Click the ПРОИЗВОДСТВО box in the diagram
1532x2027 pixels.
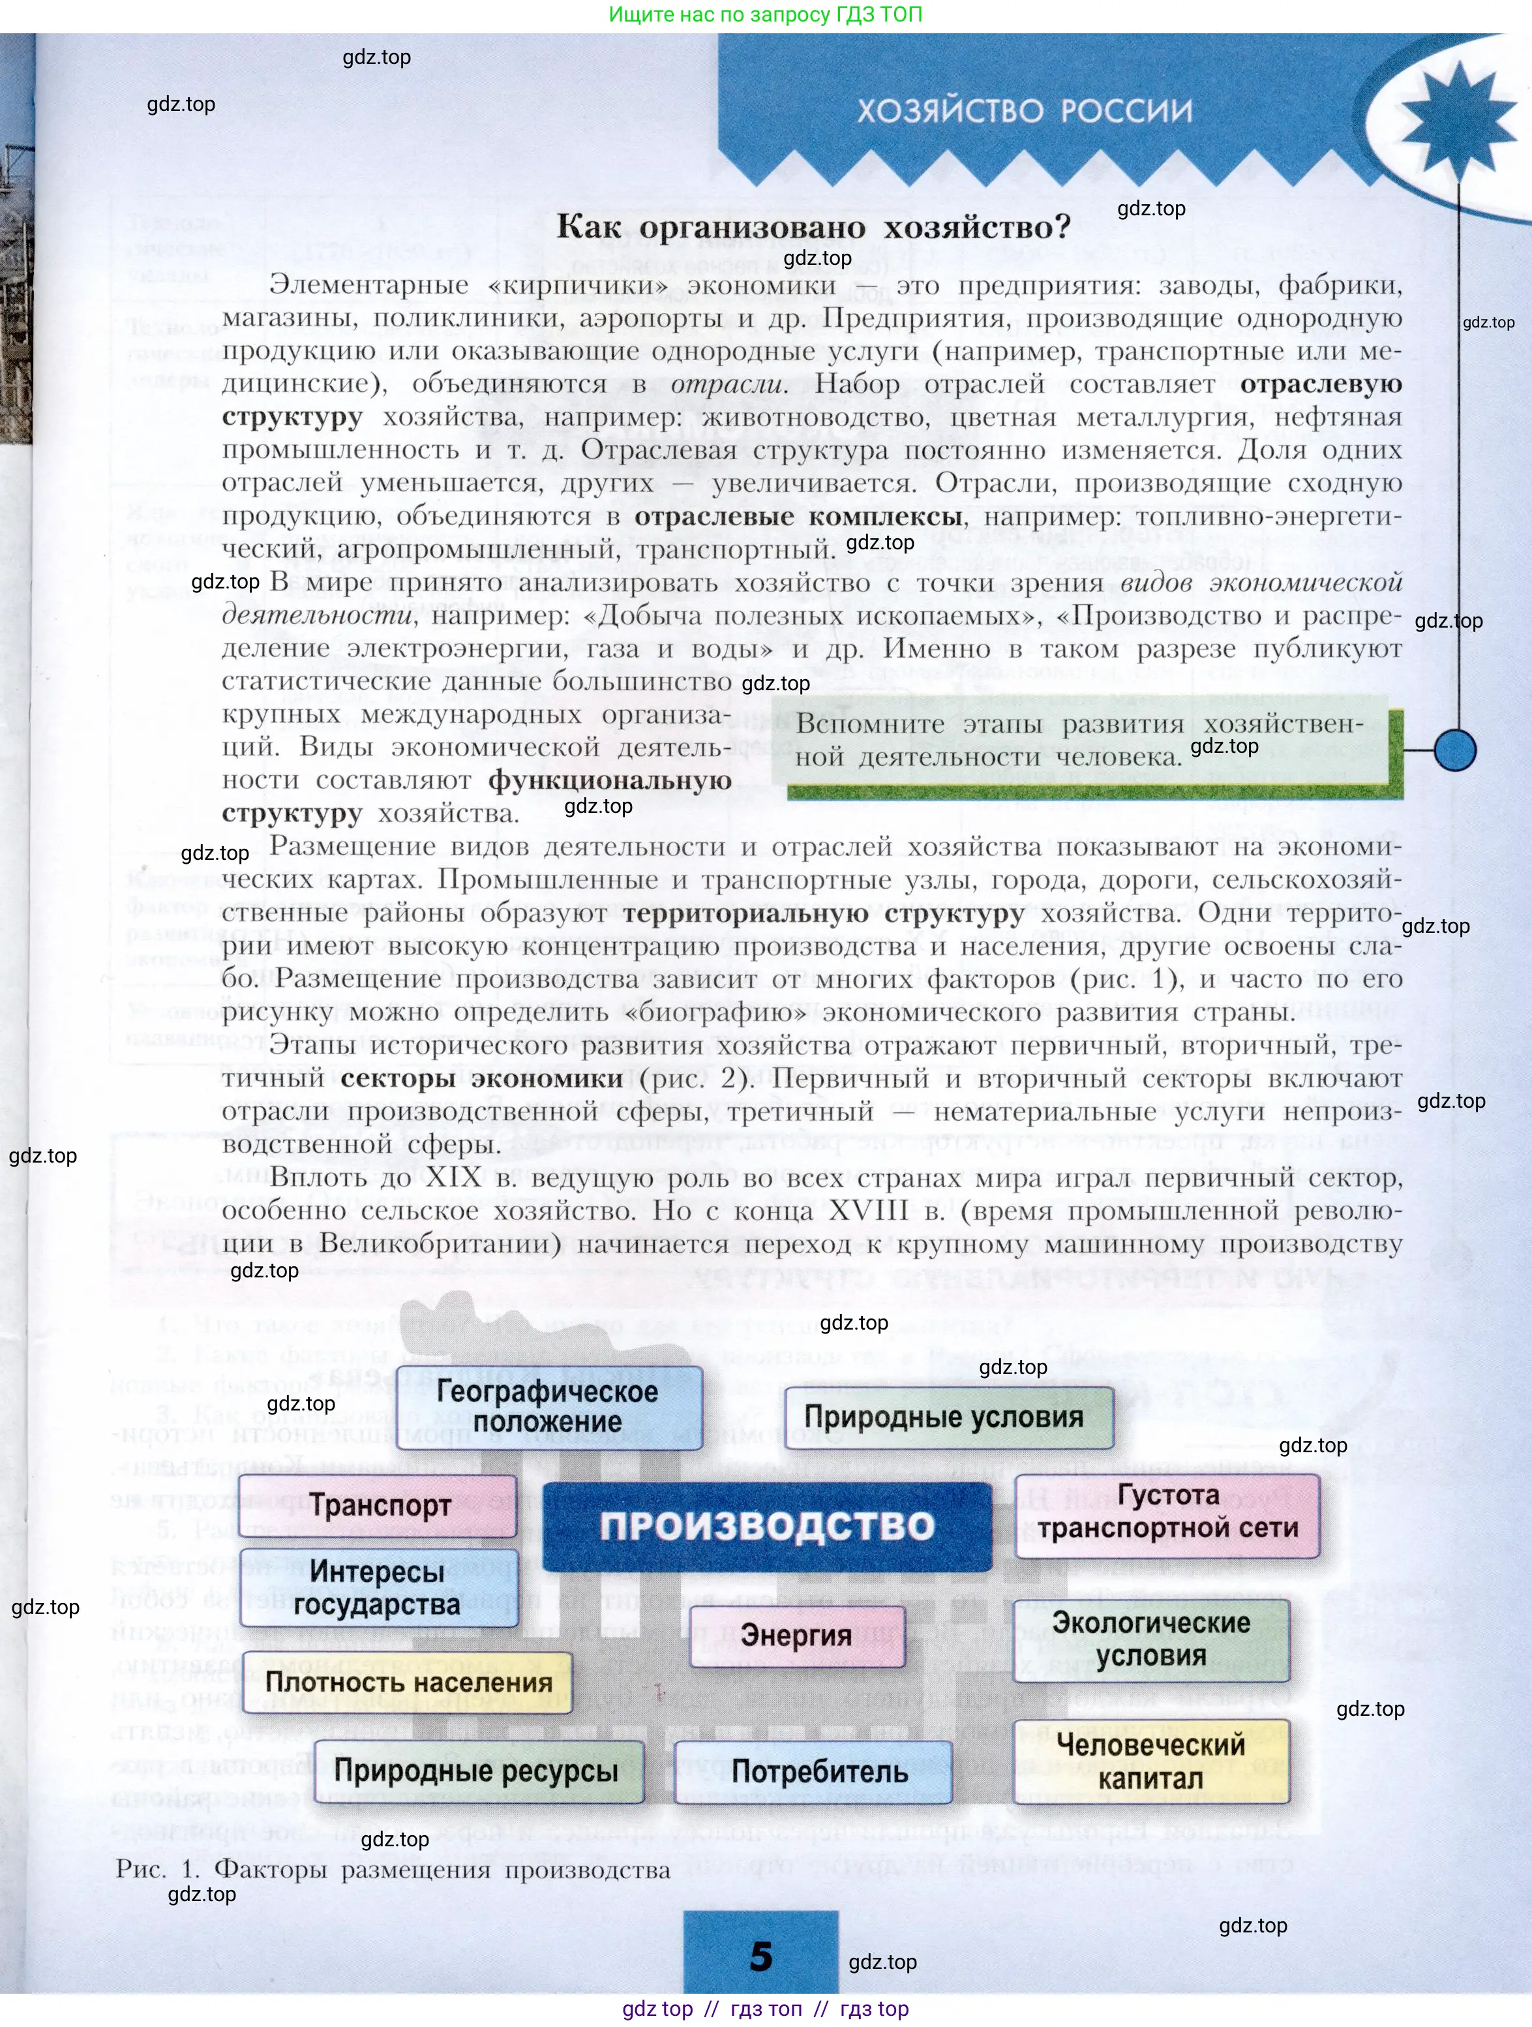coord(767,1527)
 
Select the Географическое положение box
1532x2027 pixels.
coord(548,1407)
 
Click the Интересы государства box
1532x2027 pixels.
coord(378,1588)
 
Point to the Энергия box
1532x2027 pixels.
coord(796,1635)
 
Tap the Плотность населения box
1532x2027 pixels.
coord(409,1683)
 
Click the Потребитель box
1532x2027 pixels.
coord(819,1771)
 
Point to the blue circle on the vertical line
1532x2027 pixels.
coord(1454,750)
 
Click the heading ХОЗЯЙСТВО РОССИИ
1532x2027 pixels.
coord(1025,111)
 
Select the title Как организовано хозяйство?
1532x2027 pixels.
coord(814,226)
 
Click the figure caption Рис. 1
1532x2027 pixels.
coord(392,1869)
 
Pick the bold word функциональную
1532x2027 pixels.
coord(609,780)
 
